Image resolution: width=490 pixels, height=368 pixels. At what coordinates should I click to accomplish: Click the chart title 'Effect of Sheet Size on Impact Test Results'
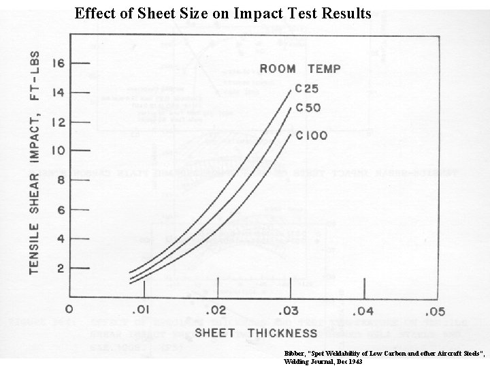[x=223, y=13]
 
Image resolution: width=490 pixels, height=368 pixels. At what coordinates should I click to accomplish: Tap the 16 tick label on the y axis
[x=59, y=63]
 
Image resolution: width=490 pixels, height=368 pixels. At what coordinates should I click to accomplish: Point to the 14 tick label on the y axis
[x=59, y=93]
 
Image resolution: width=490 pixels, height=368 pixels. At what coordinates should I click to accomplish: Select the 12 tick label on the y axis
[x=59, y=122]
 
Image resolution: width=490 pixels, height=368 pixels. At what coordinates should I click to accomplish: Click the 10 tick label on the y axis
[x=59, y=151]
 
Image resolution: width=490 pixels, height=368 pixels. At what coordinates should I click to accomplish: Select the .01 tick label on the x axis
[x=141, y=311]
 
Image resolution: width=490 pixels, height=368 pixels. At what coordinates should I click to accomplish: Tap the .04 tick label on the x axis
[x=363, y=311]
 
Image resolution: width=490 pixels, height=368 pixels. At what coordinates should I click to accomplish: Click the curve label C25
[x=308, y=89]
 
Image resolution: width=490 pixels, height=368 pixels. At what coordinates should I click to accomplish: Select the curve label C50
[x=308, y=108]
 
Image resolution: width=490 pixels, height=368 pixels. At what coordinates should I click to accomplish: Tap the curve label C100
[x=311, y=136]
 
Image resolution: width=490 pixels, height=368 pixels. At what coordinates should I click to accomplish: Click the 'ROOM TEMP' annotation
[x=299, y=68]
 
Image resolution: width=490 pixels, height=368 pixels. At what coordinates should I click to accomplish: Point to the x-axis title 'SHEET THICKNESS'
[x=256, y=333]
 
